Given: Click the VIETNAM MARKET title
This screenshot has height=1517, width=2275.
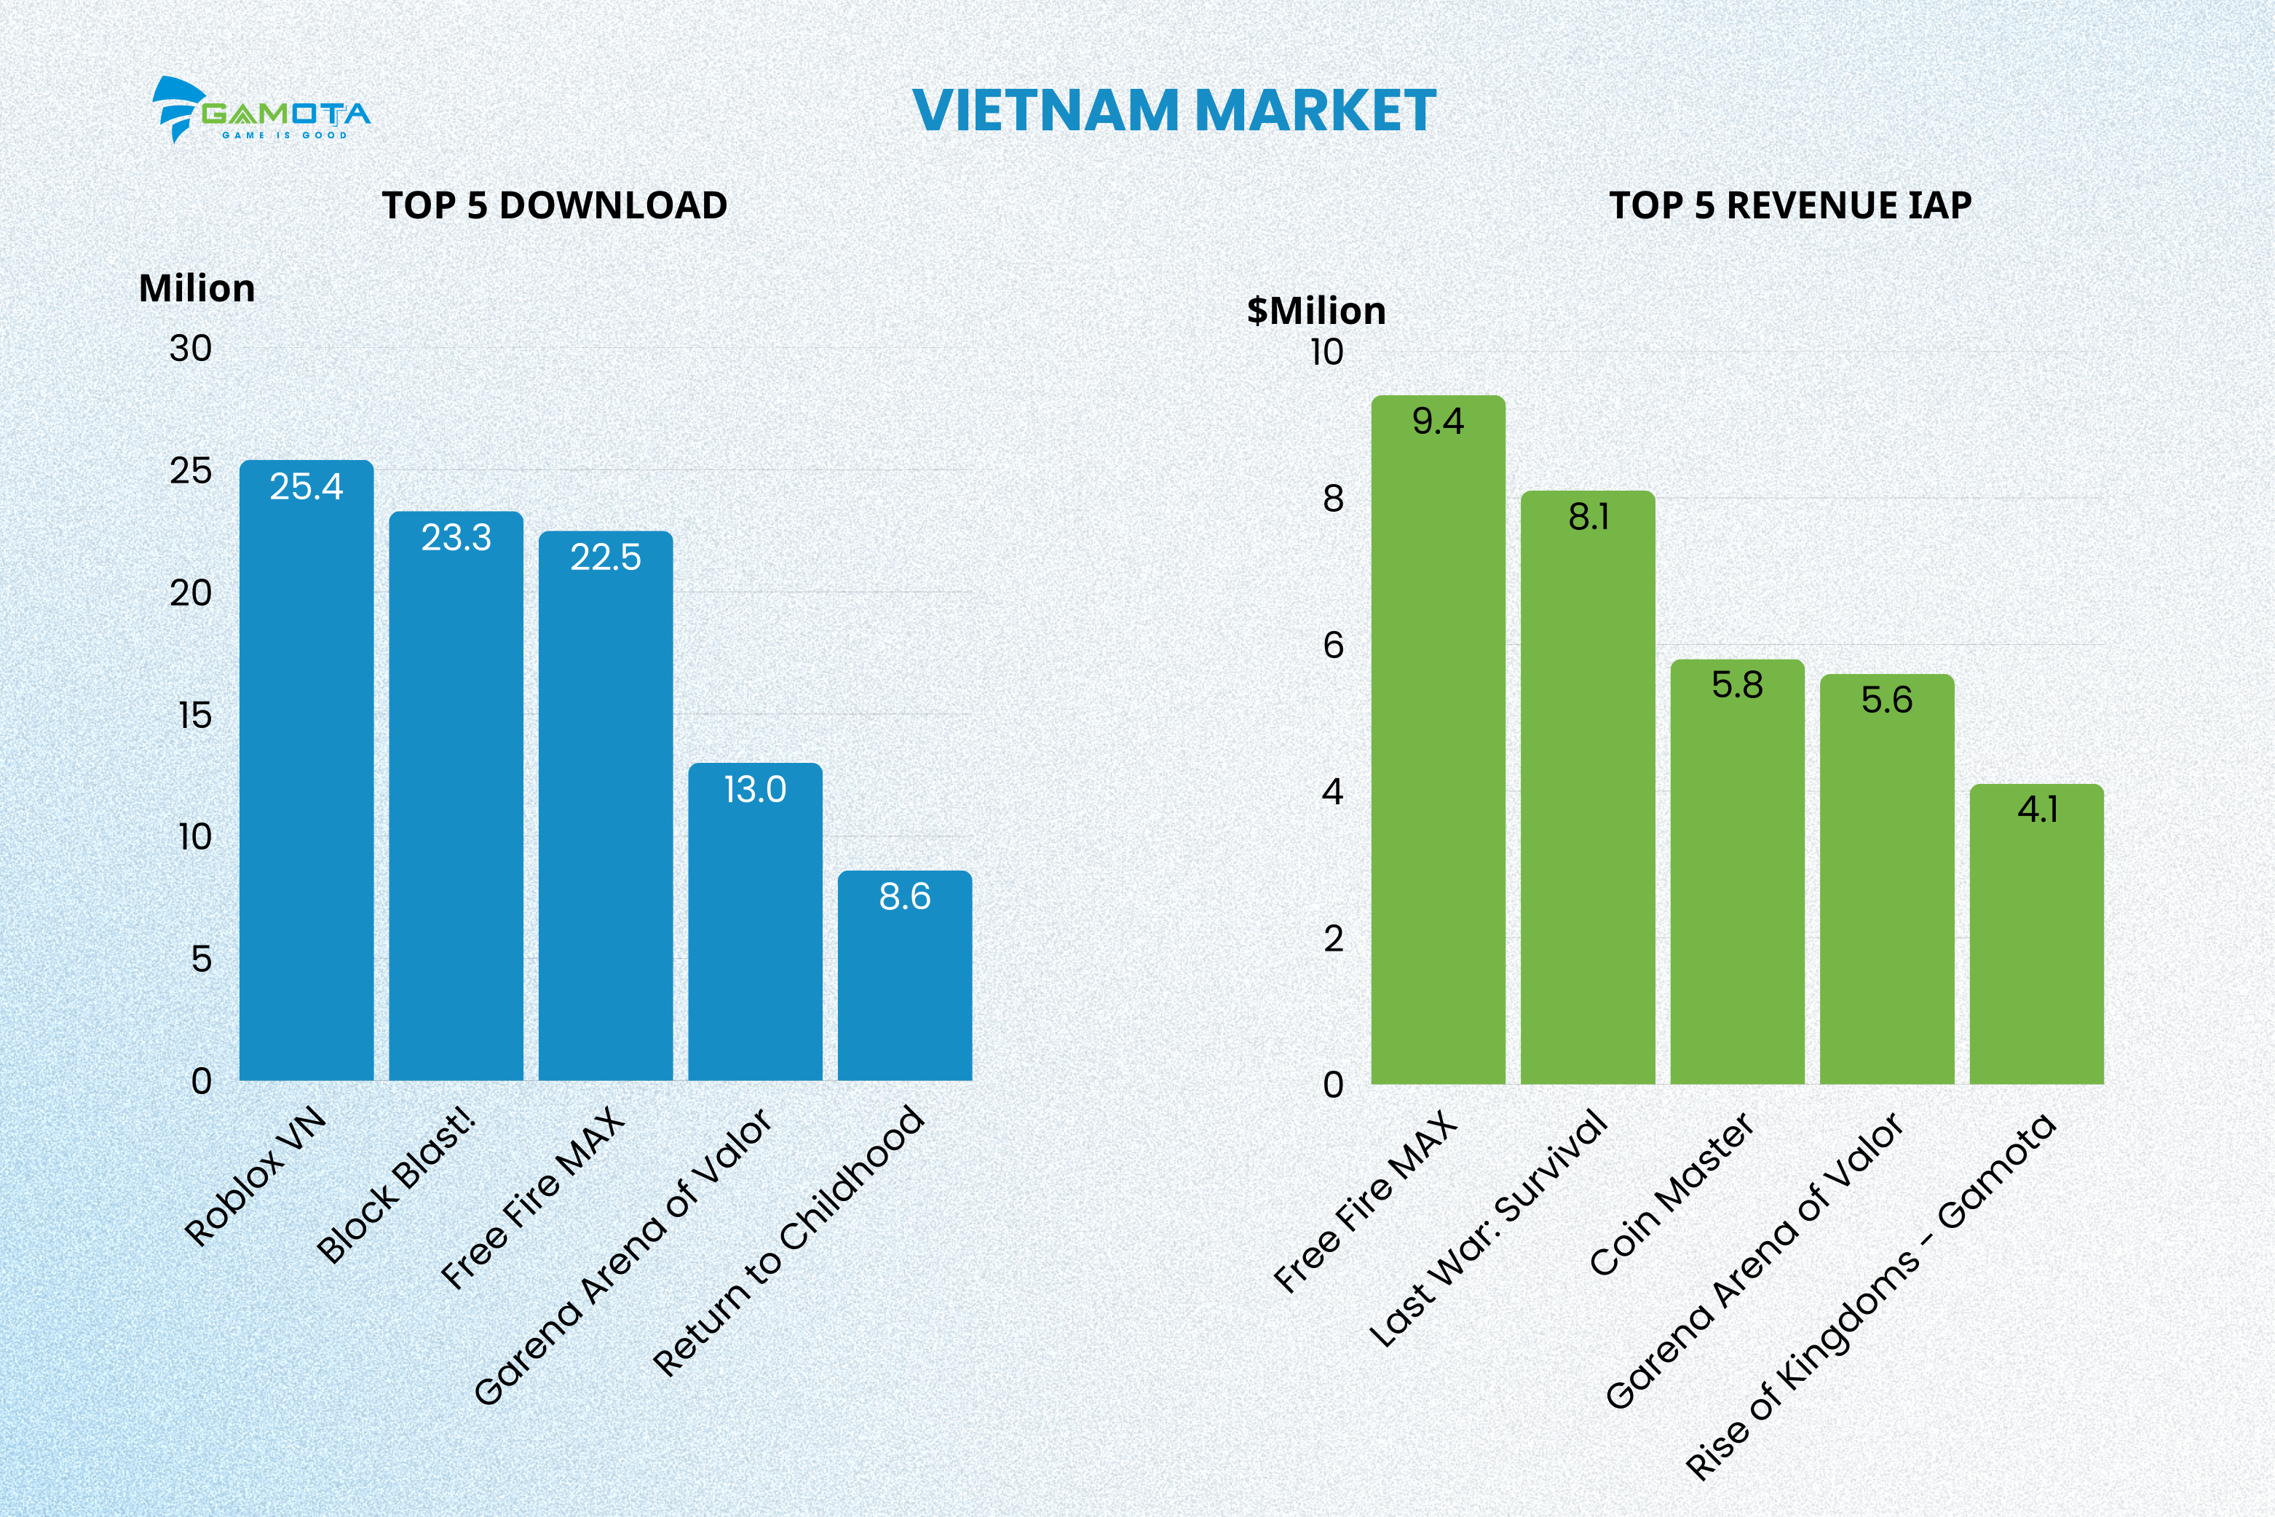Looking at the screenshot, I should [x=1174, y=111].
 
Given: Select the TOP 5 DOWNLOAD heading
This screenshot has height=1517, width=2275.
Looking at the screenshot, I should [x=555, y=205].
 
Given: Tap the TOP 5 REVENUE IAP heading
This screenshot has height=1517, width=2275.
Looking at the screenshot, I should [x=1790, y=205].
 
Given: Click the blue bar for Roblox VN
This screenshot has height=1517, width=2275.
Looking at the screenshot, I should [x=306, y=774].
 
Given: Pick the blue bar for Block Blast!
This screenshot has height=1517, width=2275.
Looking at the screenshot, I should [x=456, y=803].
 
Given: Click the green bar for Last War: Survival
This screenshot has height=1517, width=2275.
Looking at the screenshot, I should [x=1588, y=793].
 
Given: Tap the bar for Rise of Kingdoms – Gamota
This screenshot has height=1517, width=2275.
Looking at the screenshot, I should [x=2037, y=938].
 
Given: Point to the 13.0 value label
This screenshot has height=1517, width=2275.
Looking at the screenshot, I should [x=755, y=790].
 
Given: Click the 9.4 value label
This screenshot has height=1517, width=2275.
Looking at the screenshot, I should [x=1438, y=421].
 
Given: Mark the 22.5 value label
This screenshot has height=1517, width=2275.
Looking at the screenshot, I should [x=606, y=558].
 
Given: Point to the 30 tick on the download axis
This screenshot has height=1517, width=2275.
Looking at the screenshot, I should [x=191, y=348].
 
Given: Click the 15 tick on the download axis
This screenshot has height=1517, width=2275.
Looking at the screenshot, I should [x=194, y=716].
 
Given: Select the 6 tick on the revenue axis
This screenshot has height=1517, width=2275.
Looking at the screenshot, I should [x=1334, y=645].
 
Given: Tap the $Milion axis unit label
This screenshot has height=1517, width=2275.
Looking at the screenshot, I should [x=1316, y=311].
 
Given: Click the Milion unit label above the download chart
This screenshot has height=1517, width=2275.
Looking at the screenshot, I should [x=197, y=288].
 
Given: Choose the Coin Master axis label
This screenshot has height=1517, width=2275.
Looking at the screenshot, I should [x=1672, y=1195].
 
